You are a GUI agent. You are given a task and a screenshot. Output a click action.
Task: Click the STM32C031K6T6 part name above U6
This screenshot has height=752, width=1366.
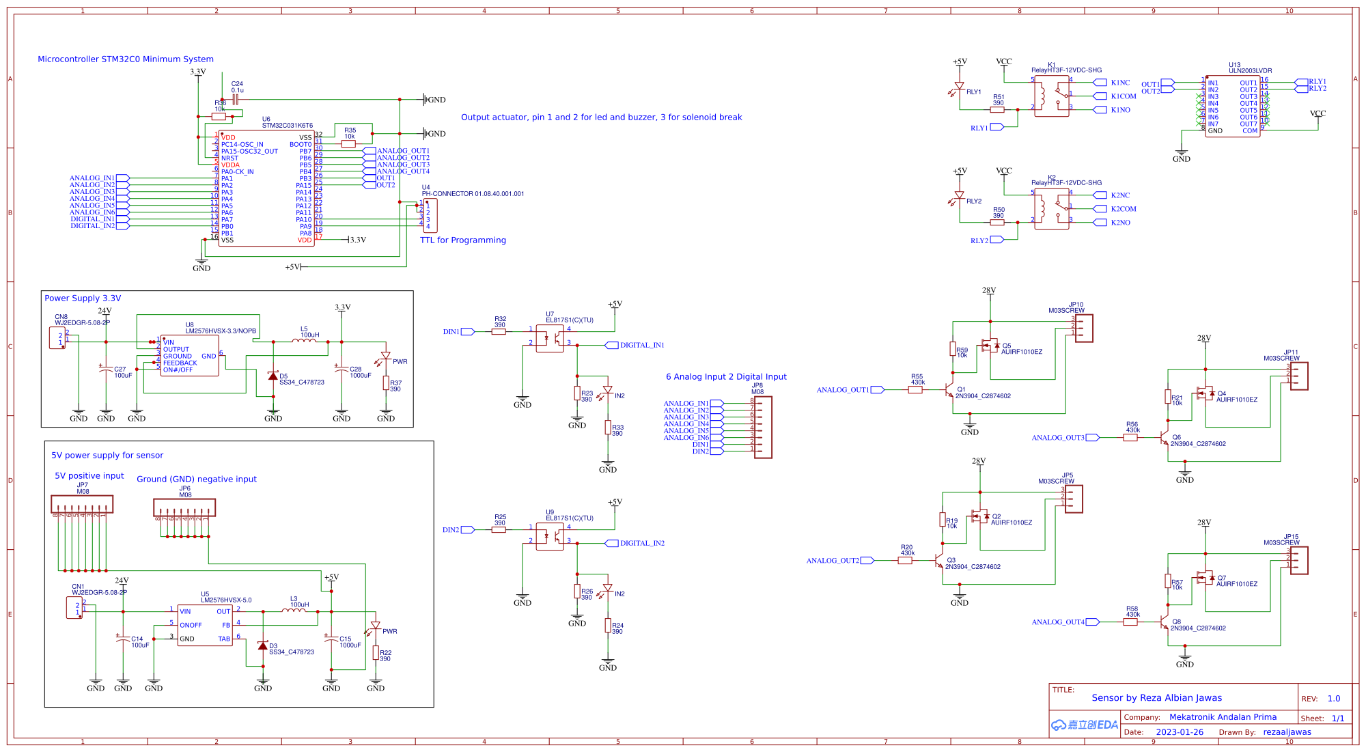(x=288, y=126)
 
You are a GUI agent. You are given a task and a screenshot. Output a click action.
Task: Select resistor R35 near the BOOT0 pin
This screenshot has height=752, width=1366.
(x=348, y=144)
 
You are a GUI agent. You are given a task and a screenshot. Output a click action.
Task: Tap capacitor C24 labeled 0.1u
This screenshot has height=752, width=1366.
(x=236, y=99)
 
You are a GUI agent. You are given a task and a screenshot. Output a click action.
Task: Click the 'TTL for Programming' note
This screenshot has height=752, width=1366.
(x=463, y=240)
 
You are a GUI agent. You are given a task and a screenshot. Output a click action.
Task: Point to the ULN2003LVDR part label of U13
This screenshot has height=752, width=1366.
(x=1250, y=71)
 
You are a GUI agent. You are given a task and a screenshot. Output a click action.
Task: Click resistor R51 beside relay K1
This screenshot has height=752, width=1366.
(x=998, y=109)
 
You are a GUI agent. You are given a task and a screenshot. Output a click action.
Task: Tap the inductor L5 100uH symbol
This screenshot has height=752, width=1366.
(x=305, y=341)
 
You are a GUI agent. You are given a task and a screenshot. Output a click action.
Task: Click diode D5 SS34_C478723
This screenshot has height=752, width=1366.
(x=273, y=376)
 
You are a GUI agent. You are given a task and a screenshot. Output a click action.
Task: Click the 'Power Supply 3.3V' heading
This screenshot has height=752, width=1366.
(x=83, y=298)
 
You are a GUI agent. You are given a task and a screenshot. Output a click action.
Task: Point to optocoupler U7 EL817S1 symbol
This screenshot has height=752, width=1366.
(x=550, y=338)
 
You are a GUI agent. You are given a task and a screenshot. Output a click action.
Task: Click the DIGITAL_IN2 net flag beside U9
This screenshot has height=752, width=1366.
(x=641, y=544)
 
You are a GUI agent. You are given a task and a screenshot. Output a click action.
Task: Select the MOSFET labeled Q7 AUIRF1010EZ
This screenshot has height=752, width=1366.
(x=1205, y=578)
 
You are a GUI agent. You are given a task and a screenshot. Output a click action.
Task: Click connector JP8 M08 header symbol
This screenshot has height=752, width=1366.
(x=763, y=427)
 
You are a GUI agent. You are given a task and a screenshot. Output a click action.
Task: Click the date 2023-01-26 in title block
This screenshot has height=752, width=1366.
(x=1180, y=732)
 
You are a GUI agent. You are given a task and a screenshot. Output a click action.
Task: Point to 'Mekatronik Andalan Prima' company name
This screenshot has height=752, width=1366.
(x=1223, y=717)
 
